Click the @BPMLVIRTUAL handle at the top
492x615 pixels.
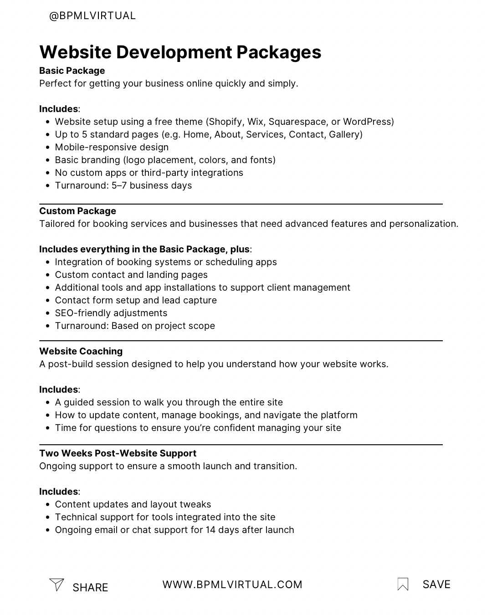coord(92,16)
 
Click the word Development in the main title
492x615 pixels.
coord(174,52)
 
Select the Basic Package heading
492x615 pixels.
coord(72,71)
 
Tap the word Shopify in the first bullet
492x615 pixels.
coord(225,122)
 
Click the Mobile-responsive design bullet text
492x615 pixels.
coord(112,147)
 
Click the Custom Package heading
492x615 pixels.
coord(77,211)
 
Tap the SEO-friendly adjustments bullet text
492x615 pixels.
coord(111,313)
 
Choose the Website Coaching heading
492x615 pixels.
coord(81,351)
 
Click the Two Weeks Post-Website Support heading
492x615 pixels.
coord(118,453)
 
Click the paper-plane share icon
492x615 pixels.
coord(56,584)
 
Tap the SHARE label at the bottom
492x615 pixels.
coord(90,588)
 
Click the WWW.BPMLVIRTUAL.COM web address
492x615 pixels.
coord(232,585)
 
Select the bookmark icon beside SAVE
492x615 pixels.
coord(403,584)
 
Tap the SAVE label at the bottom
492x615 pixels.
coord(436,584)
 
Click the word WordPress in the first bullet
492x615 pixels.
coord(367,122)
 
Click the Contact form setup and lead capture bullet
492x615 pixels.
coord(136,300)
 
